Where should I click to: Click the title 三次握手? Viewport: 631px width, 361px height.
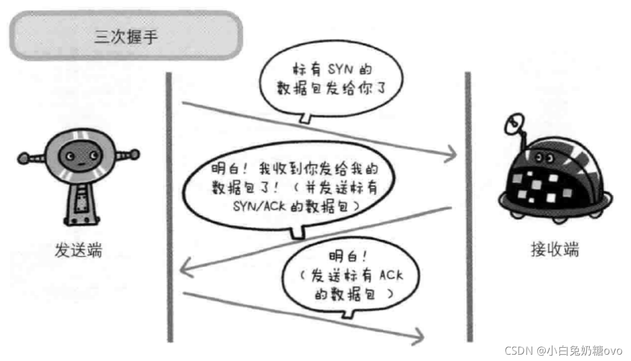126,37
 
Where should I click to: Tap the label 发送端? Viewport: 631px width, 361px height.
79,250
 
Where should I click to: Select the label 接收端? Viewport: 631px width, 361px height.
554,250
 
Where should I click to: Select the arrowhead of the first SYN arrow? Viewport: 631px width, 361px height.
452,153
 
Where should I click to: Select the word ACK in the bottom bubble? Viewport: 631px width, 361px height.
390,276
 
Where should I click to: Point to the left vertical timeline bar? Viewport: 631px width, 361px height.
169,206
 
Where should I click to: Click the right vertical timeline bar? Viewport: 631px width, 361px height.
468,206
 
